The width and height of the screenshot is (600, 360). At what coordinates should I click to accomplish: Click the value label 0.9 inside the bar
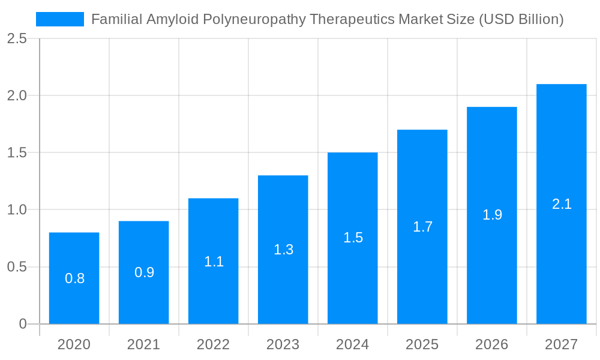tap(144, 272)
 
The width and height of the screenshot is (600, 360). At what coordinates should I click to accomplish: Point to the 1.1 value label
tap(214, 262)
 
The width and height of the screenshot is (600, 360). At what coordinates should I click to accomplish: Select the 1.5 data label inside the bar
tap(353, 238)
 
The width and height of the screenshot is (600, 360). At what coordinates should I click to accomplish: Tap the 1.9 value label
tap(492, 215)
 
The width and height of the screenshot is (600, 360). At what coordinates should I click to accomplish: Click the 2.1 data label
tap(562, 204)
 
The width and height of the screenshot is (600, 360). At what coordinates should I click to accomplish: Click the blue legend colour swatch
tap(60, 19)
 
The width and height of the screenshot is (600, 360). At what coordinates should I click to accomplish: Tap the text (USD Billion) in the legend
tap(521, 20)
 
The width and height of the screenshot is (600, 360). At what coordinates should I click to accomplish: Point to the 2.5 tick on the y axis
tap(17, 38)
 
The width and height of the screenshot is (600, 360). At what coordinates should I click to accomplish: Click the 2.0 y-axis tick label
tap(17, 95)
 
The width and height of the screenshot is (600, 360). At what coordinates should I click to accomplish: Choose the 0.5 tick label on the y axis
tap(17, 267)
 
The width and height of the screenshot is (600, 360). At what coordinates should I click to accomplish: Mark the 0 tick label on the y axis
tap(23, 324)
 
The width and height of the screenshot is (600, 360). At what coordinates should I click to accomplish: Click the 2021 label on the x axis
tap(143, 344)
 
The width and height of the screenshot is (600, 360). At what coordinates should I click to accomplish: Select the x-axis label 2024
tap(352, 344)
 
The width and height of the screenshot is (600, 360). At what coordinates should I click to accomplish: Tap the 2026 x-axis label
tap(491, 344)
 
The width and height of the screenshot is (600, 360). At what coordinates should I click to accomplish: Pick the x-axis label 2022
tap(213, 344)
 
